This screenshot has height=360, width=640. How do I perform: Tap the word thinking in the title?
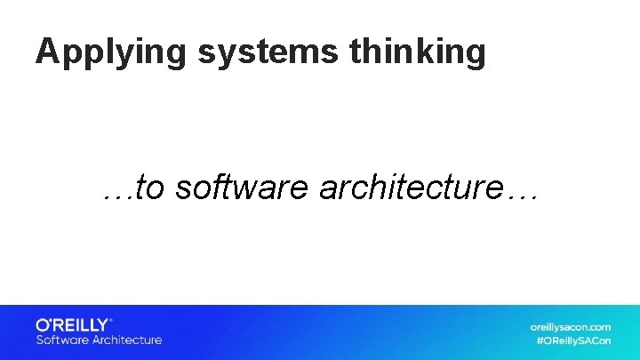pyautogui.click(x=418, y=52)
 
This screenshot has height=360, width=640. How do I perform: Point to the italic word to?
pyautogui.click(x=151, y=188)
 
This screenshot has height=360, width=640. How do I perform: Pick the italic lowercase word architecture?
pyautogui.click(x=412, y=188)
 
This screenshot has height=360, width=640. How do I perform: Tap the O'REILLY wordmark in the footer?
pyautogui.click(x=72, y=324)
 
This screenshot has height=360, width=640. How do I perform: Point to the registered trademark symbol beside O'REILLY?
pyautogui.click(x=112, y=320)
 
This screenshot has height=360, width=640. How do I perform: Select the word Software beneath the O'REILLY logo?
pyautogui.click(x=61, y=340)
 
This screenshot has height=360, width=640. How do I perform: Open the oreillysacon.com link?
pyautogui.click(x=571, y=326)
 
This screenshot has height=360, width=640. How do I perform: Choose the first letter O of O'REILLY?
pyautogui.click(x=43, y=324)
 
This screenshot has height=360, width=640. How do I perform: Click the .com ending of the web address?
pyautogui.click(x=597, y=326)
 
